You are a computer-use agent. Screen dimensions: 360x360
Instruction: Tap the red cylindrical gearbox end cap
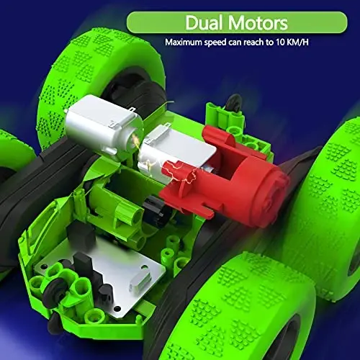[258, 180]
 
